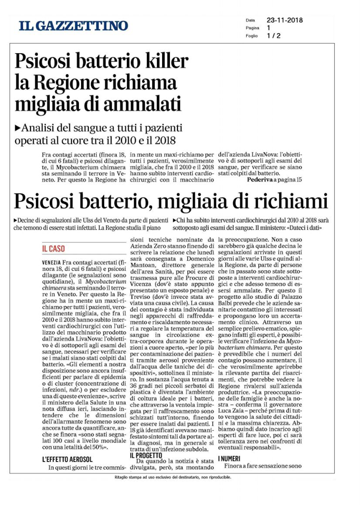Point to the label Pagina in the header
253,27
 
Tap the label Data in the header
251,19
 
